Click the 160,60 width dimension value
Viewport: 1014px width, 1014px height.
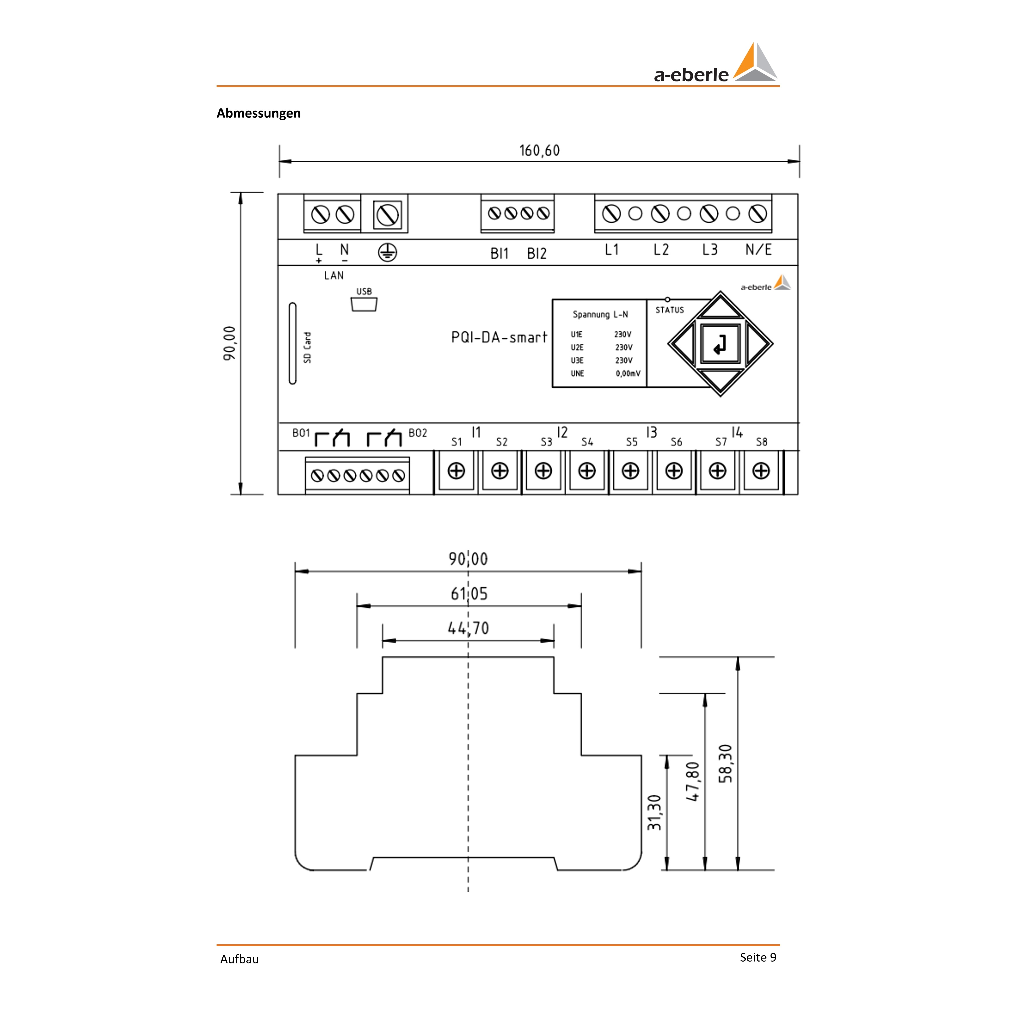(540, 151)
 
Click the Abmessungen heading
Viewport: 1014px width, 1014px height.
(258, 113)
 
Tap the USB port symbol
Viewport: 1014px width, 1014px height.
(364, 304)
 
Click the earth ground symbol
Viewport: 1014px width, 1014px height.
(387, 252)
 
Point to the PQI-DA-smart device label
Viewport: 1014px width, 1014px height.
(498, 337)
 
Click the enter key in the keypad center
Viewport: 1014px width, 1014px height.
(720, 344)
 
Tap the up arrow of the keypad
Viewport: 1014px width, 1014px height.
(720, 308)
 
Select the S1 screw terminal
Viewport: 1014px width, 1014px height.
(456, 471)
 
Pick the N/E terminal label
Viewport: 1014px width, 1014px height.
(758, 250)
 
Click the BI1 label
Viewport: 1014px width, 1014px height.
(499, 254)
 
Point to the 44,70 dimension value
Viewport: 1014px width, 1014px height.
(468, 628)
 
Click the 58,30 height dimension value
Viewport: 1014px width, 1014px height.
(725, 764)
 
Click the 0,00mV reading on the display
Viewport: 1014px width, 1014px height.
(628, 374)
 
